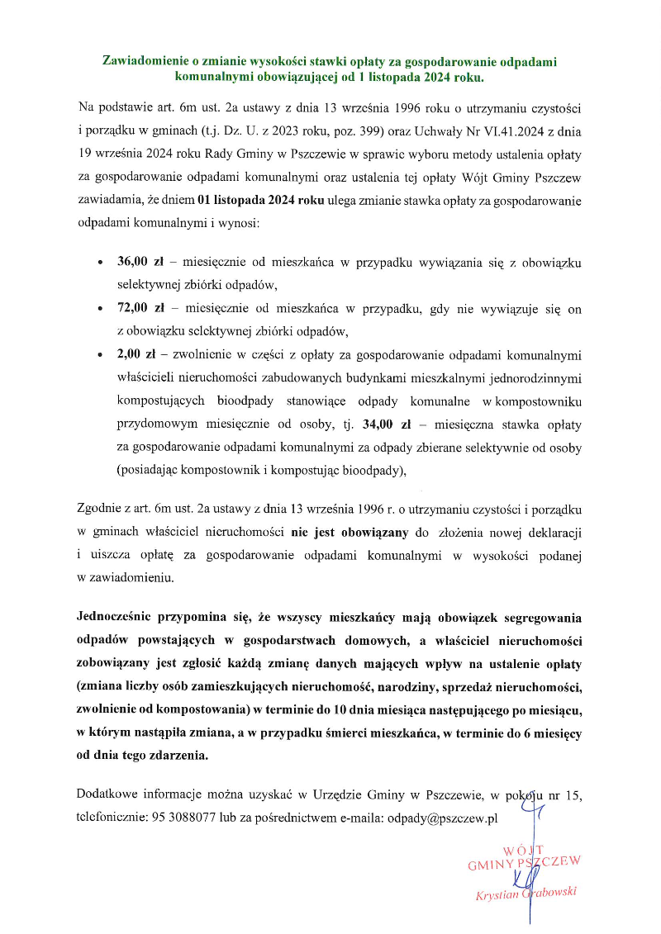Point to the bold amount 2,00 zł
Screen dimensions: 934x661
point(136,356)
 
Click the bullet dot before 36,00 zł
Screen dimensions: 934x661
point(100,263)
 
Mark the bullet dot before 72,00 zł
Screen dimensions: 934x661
point(100,310)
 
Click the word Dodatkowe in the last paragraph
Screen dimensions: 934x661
point(106,795)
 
